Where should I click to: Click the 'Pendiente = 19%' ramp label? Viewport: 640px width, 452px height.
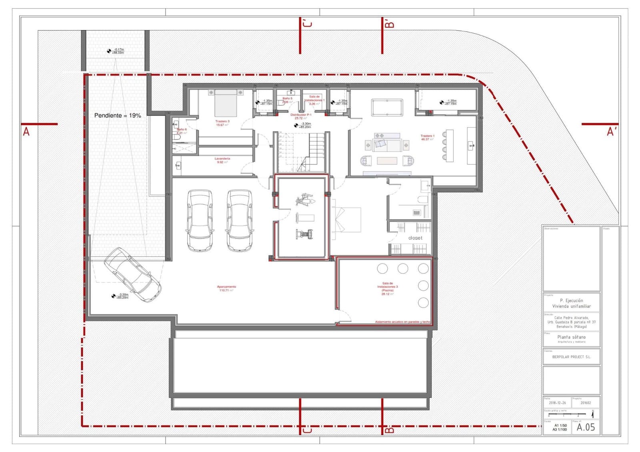tap(118, 116)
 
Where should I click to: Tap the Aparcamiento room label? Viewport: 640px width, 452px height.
tap(226, 288)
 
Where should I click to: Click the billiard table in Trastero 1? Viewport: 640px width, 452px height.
tap(387, 108)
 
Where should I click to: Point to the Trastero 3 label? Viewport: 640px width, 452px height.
tap(222, 123)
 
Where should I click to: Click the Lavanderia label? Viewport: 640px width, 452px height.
tap(222, 160)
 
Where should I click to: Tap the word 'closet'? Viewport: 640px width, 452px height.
tap(415, 238)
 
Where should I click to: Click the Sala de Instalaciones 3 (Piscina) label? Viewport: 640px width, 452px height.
tap(387, 288)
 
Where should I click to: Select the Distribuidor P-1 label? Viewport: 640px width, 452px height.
tap(301, 116)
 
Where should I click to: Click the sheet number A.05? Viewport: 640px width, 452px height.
tap(586, 427)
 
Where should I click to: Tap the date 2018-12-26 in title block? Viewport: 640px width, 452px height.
tap(557, 403)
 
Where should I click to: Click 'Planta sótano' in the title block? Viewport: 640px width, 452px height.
tap(571, 337)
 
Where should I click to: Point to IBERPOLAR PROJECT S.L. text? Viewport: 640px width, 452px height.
tap(571, 357)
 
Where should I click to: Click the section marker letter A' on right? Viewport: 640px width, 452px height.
tap(611, 132)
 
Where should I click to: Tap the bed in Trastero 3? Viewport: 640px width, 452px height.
tap(226, 103)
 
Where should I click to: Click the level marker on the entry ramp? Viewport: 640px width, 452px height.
tap(109, 51)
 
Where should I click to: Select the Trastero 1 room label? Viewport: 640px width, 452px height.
tap(427, 137)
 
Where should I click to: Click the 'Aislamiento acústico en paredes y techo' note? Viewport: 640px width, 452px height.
tap(402, 322)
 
